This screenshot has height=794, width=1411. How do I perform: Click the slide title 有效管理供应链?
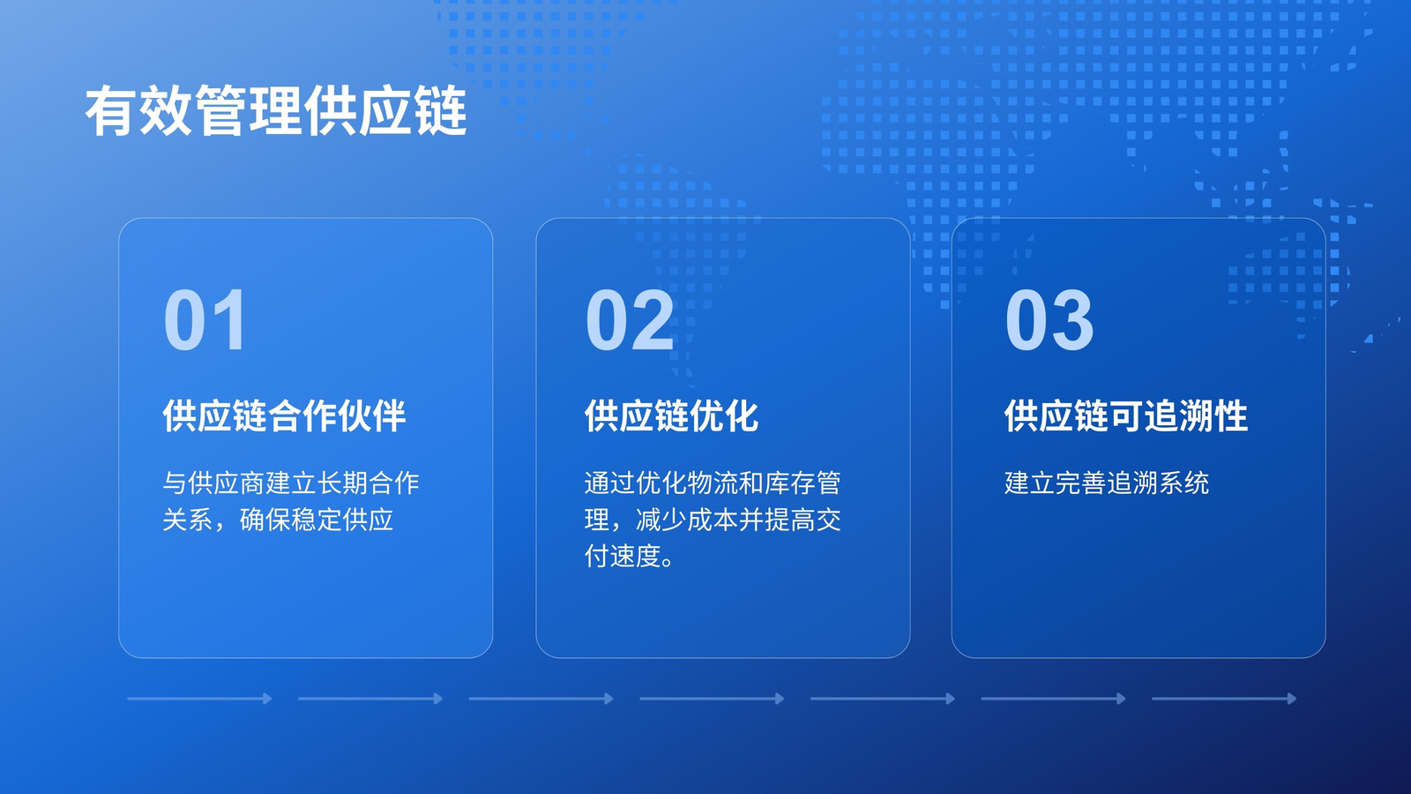[x=276, y=111]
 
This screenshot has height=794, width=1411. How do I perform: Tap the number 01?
[x=205, y=319]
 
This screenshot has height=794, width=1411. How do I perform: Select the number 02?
[x=630, y=319]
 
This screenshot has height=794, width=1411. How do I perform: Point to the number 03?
[x=1049, y=319]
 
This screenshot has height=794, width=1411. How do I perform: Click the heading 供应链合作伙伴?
[x=284, y=416]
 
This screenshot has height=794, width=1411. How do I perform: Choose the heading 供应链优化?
[x=671, y=416]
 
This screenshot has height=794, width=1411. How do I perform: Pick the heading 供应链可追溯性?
[x=1125, y=416]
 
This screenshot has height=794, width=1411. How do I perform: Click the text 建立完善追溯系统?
[x=1107, y=483]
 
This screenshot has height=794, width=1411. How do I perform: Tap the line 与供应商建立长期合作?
[x=291, y=483]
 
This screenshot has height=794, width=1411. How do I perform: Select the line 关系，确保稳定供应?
[x=278, y=520]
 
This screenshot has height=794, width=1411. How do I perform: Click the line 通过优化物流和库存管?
[x=713, y=483]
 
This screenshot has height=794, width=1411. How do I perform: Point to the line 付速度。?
[x=630, y=556]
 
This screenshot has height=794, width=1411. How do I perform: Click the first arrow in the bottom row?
[x=199, y=698]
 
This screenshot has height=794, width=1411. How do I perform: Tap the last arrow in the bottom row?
[x=1224, y=698]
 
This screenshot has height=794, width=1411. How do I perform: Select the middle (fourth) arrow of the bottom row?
[x=712, y=698]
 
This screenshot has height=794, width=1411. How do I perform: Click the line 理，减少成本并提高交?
[x=713, y=520]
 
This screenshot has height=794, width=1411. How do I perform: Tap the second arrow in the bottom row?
[x=370, y=698]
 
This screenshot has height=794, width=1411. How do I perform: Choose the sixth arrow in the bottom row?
[x=1053, y=698]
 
